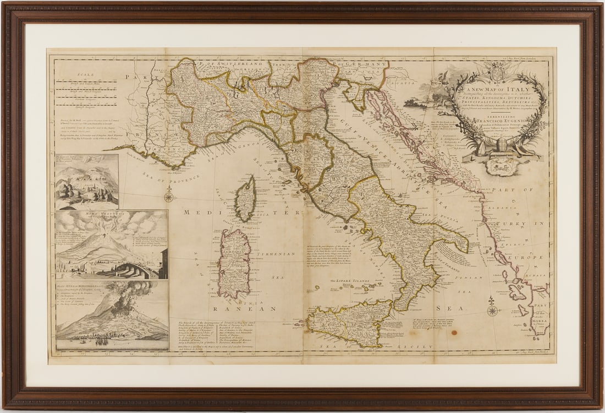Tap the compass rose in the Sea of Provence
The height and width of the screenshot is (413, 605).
pyautogui.click(x=169, y=195)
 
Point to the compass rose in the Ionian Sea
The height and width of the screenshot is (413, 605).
pyautogui.click(x=492, y=308)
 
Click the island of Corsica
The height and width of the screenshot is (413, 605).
pyautogui.click(x=245, y=199)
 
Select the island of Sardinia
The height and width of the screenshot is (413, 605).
pyautogui.click(x=235, y=263)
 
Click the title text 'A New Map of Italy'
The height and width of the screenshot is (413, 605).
pyautogui.click(x=498, y=90)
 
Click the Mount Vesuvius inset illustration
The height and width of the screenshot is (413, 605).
pyautogui.click(x=112, y=244)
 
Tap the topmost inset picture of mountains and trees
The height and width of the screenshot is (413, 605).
pyautogui.click(x=87, y=181)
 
